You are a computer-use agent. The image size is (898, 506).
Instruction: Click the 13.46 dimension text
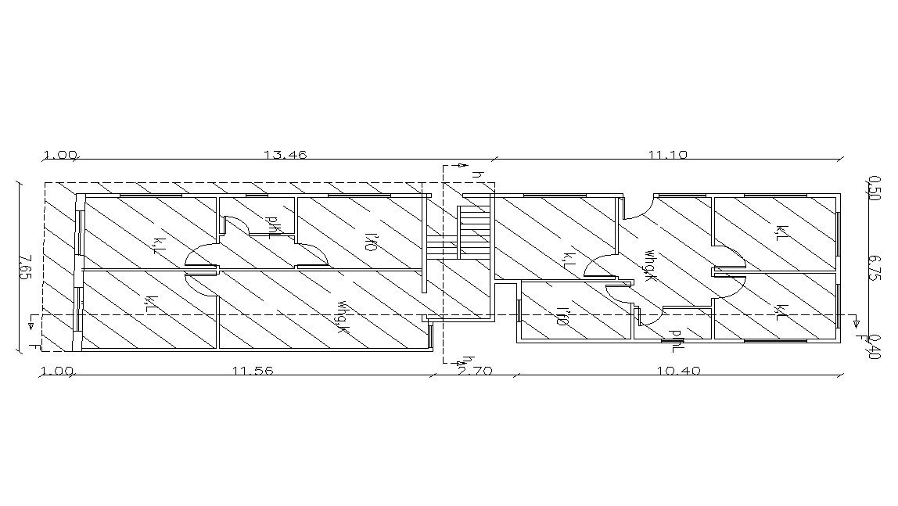click(285, 155)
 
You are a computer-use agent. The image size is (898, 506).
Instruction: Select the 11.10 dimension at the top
click(667, 155)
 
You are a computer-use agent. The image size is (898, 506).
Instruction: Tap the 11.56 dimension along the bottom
click(253, 371)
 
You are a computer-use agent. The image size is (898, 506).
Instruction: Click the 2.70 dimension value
click(474, 371)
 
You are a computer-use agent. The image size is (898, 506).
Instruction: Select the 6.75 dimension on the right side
click(875, 265)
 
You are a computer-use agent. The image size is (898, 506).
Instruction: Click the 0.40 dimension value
click(875, 344)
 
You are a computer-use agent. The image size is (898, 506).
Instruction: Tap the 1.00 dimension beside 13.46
click(60, 155)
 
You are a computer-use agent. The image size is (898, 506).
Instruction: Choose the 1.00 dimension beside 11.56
click(56, 371)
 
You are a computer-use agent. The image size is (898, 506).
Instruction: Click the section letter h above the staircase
click(474, 175)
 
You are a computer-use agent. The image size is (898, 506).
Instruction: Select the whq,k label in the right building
click(648, 264)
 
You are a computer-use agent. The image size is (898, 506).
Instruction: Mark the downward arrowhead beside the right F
click(856, 323)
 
